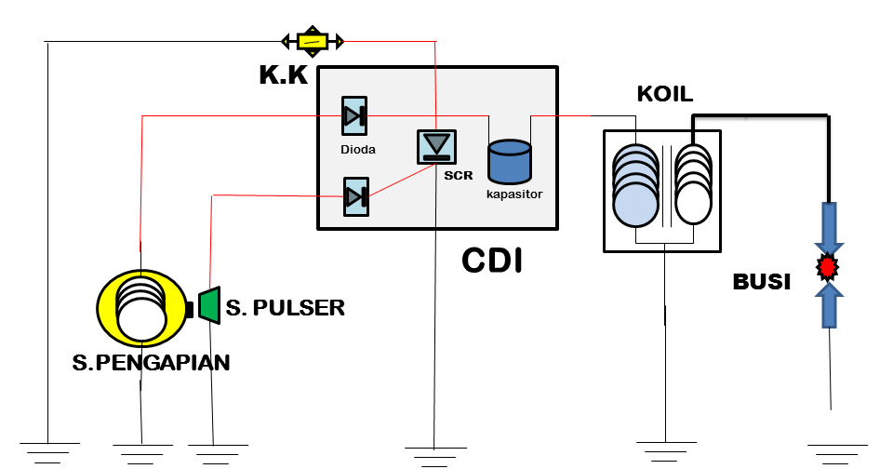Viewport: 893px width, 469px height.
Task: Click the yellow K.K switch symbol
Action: point(313,41)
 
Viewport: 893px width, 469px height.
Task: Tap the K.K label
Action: point(283,74)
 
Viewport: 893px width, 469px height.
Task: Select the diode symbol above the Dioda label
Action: point(354,116)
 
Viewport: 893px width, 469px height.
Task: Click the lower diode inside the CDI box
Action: point(356,197)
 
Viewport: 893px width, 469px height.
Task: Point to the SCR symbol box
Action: point(436,147)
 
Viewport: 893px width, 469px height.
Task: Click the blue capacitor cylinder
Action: point(510,162)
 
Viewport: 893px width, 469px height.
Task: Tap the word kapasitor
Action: point(514,194)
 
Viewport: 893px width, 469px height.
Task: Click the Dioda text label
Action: point(357,149)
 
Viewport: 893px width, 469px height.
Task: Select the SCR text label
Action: point(459,176)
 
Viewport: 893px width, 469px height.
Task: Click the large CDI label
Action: point(492,261)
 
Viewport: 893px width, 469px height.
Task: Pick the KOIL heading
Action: point(664,94)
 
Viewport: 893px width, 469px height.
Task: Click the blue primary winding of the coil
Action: point(635,186)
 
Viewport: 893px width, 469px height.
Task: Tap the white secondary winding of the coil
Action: point(693,184)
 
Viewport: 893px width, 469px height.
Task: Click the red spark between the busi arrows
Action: point(828,267)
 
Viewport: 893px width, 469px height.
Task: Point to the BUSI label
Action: point(762,282)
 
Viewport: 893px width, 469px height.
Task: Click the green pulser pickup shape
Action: point(209,305)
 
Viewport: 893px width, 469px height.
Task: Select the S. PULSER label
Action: point(286,308)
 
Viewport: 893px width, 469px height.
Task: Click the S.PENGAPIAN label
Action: point(151,362)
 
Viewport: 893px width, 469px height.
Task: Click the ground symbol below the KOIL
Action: point(665,451)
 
